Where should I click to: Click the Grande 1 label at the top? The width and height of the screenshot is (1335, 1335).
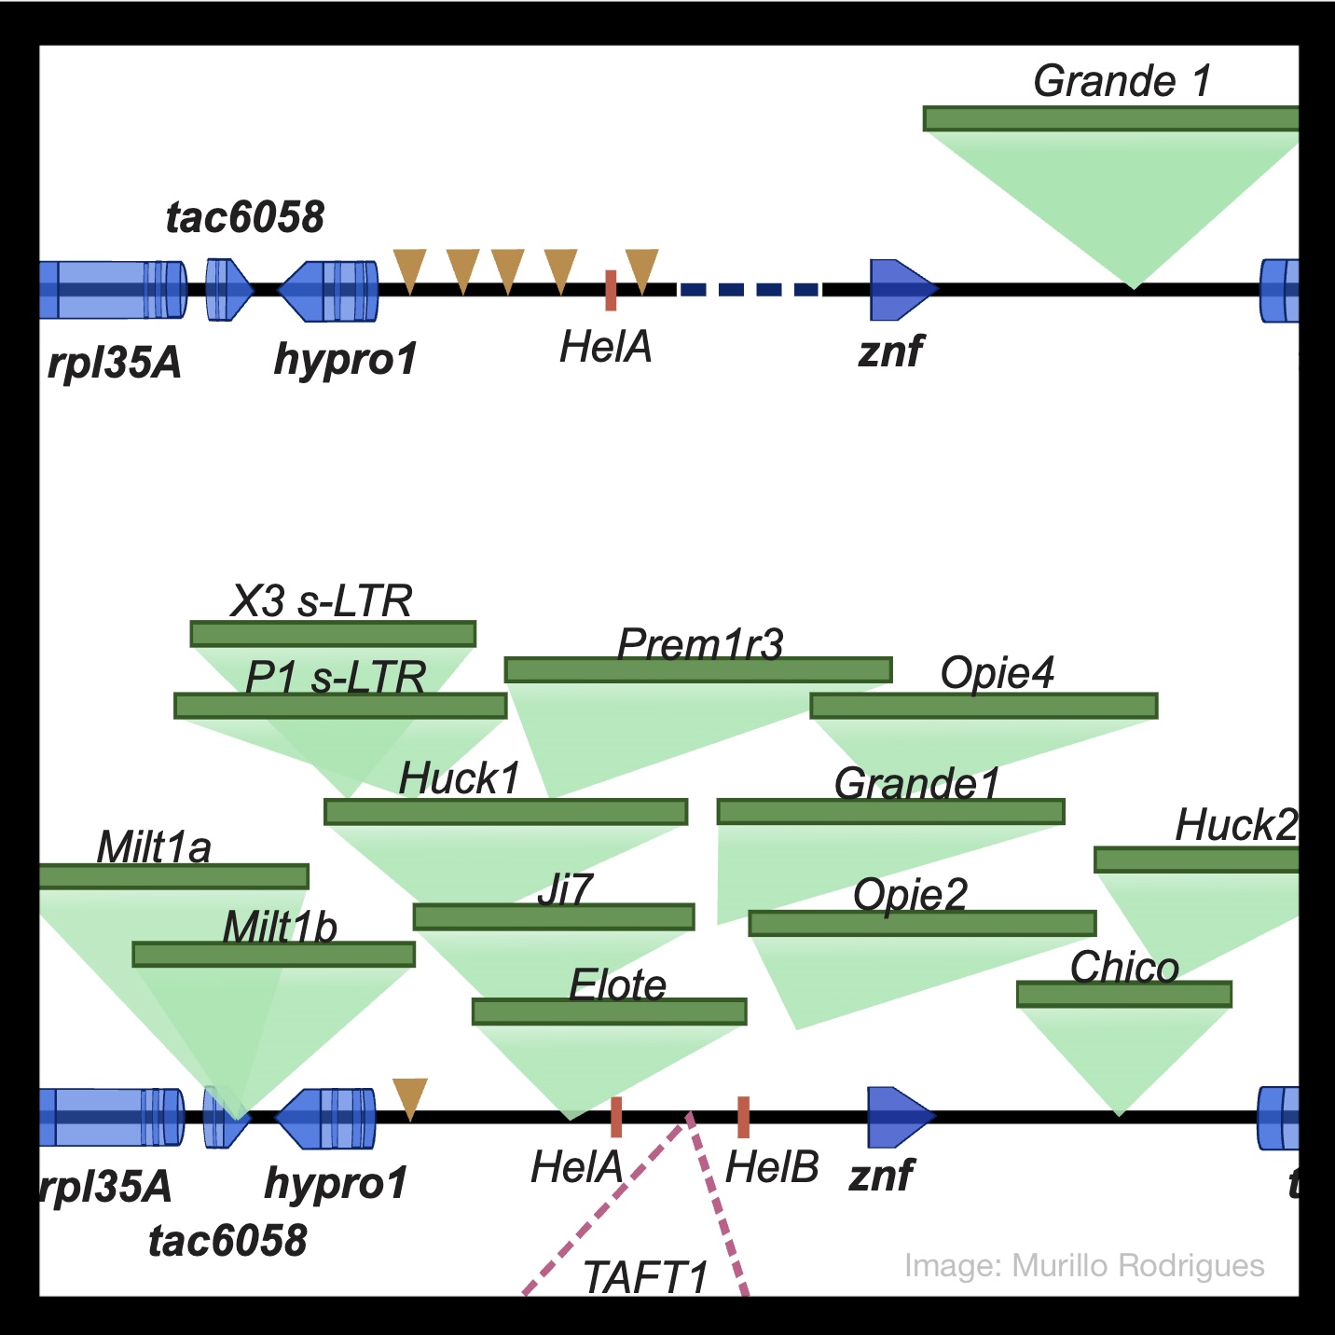pyautogui.click(x=1122, y=81)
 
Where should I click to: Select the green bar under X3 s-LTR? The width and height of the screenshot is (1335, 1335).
pyautogui.click(x=333, y=635)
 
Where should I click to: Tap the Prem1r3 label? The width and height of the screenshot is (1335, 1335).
pyautogui.click(x=700, y=644)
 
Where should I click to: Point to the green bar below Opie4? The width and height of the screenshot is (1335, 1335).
pyautogui.click(x=984, y=707)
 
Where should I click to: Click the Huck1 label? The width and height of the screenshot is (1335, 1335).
pyautogui.click(x=460, y=778)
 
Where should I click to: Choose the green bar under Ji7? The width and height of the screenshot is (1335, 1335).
pyautogui.click(x=554, y=917)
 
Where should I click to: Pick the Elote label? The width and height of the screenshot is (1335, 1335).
pyautogui.click(x=618, y=984)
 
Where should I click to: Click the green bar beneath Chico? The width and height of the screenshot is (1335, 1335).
pyautogui.click(x=1123, y=995)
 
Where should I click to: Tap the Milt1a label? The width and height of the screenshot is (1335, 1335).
pyautogui.click(x=154, y=847)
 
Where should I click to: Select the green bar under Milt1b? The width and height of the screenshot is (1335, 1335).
pyautogui.click(x=273, y=955)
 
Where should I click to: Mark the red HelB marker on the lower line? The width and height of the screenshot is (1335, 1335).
pyautogui.click(x=743, y=1117)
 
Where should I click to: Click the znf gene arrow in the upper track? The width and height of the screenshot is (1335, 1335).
pyautogui.click(x=901, y=289)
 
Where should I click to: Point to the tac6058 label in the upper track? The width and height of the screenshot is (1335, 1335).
pyautogui.click(x=245, y=217)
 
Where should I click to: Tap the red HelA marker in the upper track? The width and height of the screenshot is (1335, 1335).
pyautogui.click(x=611, y=290)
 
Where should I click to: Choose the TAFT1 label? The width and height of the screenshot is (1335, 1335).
pyautogui.click(x=645, y=1277)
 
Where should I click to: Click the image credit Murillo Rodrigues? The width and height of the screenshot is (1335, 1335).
pyautogui.click(x=1084, y=1266)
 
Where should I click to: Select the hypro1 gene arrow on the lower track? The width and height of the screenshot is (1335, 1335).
pyautogui.click(x=326, y=1118)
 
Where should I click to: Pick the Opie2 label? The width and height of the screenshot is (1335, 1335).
pyautogui.click(x=910, y=895)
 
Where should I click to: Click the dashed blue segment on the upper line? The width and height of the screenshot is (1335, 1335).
pyautogui.click(x=749, y=290)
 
